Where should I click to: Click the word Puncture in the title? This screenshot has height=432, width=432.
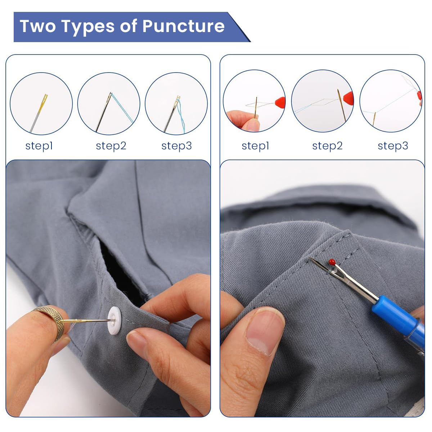183,26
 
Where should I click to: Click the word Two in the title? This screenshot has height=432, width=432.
38,26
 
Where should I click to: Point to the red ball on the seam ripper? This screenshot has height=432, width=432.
332,262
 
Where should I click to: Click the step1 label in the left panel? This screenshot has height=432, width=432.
39,146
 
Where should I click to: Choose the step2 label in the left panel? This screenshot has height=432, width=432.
111,146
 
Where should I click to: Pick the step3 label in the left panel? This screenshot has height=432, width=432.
177,146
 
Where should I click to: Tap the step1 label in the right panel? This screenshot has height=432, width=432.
255,146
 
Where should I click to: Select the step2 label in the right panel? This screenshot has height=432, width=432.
327,146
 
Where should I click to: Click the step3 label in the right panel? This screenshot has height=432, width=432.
393,146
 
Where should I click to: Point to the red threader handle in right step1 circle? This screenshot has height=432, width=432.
280,103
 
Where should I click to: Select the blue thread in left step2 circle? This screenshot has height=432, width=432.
122,108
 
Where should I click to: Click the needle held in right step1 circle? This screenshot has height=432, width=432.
256,107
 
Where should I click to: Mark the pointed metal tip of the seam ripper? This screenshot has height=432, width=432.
310,258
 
